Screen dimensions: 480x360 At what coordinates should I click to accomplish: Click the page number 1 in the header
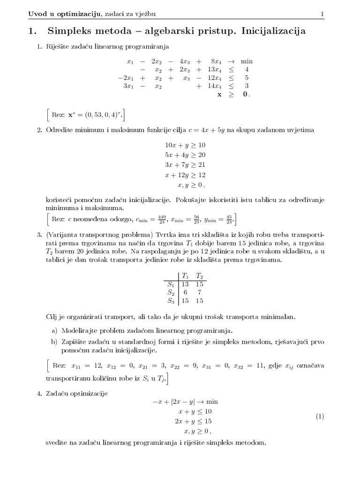(322, 15)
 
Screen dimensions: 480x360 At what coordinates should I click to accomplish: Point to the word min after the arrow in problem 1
(247, 61)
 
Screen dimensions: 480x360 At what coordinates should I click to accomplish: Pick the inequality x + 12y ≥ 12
(185, 174)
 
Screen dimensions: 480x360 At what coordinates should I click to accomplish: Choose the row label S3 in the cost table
(171, 300)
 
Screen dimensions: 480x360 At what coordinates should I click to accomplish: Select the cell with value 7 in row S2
(200, 292)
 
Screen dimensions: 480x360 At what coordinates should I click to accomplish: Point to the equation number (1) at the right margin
(320, 416)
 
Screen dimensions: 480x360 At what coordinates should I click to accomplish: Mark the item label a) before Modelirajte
(54, 330)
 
